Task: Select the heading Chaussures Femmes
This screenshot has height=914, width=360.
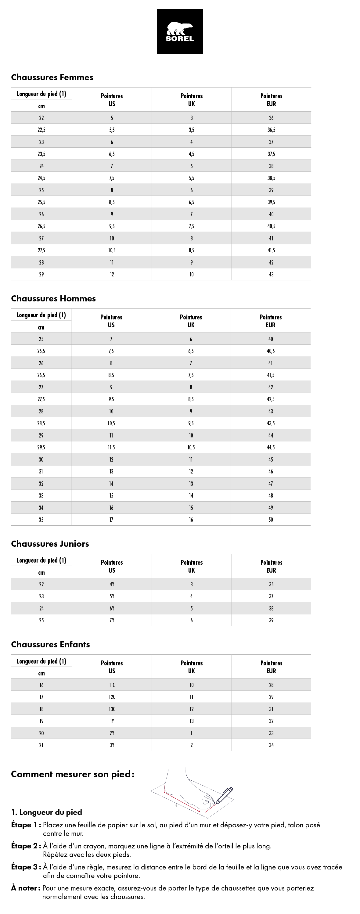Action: (52, 77)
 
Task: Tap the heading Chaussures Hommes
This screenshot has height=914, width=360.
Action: (53, 298)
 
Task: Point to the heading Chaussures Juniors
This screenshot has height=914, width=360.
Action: (50, 544)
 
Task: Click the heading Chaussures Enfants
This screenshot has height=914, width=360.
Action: (50, 644)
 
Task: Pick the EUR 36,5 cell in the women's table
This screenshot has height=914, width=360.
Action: (271, 130)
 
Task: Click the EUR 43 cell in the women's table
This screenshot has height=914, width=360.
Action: (271, 274)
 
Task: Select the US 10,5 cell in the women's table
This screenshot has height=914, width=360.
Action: (112, 250)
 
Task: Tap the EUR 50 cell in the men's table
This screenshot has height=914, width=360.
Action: (271, 520)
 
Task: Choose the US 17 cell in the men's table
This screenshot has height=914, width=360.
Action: (111, 520)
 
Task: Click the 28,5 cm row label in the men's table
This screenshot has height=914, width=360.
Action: (41, 423)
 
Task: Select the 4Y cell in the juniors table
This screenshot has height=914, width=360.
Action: (112, 584)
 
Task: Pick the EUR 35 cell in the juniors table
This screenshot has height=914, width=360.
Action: (271, 584)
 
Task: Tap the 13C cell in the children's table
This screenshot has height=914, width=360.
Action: (112, 709)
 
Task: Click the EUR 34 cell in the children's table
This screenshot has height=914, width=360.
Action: (271, 745)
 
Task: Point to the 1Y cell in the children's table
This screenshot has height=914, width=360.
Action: (112, 721)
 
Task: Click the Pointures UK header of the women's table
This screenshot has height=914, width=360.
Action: (192, 100)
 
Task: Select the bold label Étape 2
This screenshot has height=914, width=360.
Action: (26, 846)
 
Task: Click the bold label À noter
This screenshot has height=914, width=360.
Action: (26, 888)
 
